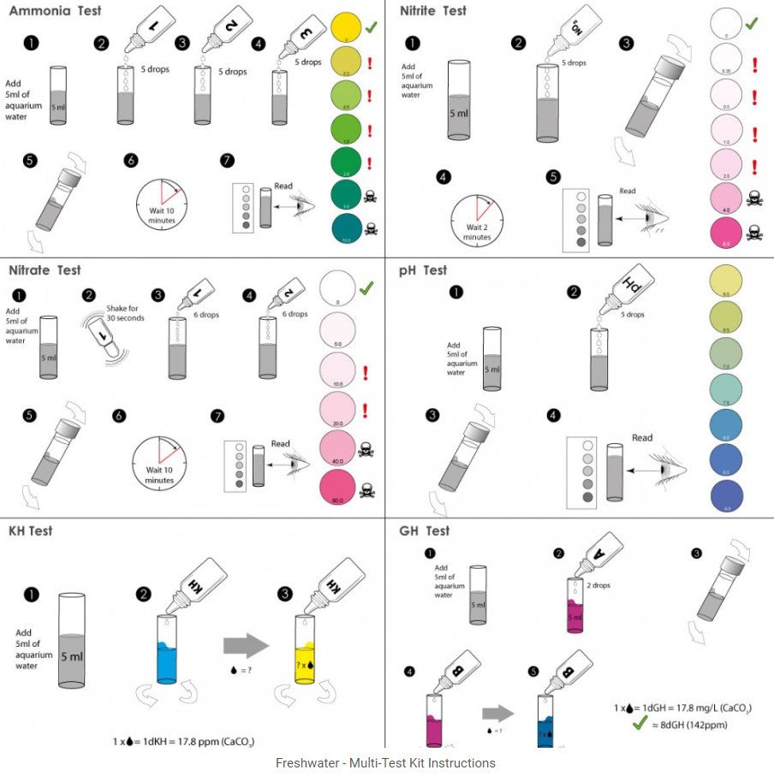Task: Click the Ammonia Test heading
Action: [x=54, y=10]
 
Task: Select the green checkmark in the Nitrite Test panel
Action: [x=751, y=23]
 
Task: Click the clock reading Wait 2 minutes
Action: [x=477, y=220]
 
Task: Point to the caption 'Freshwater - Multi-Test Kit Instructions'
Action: [x=385, y=762]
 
